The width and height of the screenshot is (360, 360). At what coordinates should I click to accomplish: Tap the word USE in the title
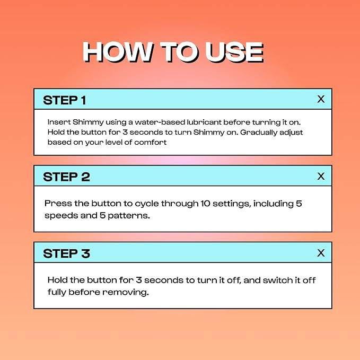point(234,52)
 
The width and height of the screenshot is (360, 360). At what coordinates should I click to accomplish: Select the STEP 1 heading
point(65,100)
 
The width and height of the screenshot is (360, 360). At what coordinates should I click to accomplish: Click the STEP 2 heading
point(66,177)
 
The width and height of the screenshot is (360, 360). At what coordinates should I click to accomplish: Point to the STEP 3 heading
point(66,254)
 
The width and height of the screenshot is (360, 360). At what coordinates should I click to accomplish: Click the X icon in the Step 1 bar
point(321,99)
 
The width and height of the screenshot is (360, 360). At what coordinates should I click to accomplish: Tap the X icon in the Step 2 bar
point(321,176)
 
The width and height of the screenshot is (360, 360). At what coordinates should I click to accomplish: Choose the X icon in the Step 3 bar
point(321,253)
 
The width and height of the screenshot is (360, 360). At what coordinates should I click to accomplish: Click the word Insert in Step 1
point(59,122)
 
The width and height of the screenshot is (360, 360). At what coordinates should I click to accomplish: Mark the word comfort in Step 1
point(151,142)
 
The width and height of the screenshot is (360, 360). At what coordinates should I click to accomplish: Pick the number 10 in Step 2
point(206,204)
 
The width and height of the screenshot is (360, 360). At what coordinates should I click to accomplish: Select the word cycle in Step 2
point(147,204)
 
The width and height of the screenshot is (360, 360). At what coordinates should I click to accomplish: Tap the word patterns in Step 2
point(129,216)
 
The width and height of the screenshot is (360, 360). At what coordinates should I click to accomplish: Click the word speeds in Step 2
point(62,216)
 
